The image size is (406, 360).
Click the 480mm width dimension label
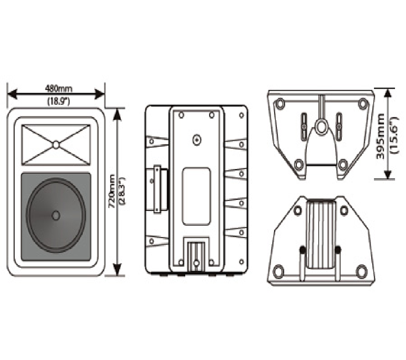point(59,89)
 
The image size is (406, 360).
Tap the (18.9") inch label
point(59,102)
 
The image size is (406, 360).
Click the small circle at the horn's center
point(56,145)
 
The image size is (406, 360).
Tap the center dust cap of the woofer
point(55,215)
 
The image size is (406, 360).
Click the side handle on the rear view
point(157,190)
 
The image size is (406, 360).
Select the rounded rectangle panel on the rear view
point(196,196)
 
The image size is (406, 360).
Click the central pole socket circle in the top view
point(321,126)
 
